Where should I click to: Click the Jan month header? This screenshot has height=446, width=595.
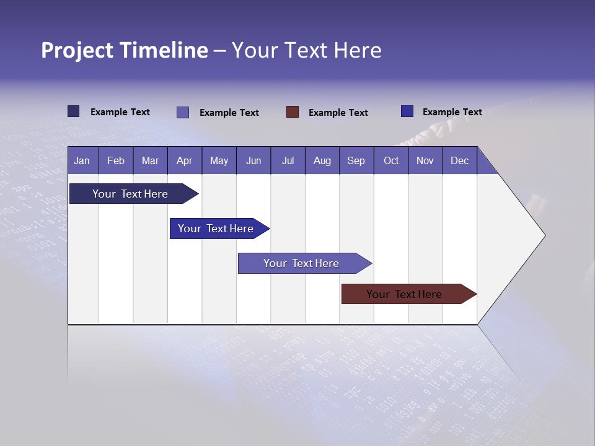click(x=82, y=160)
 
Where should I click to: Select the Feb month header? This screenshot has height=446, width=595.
click(x=116, y=160)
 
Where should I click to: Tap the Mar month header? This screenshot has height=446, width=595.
click(x=150, y=160)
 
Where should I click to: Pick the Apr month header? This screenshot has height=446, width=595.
click(x=185, y=160)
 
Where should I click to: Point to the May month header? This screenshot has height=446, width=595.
click(x=219, y=160)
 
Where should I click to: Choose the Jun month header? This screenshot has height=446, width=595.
click(x=253, y=160)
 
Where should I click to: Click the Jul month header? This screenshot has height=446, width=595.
click(x=288, y=160)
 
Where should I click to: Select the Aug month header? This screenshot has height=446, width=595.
click(x=322, y=160)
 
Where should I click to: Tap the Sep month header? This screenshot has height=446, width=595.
click(x=356, y=160)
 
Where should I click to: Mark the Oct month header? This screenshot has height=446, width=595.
click(x=391, y=160)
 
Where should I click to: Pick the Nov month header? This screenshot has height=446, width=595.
click(x=425, y=160)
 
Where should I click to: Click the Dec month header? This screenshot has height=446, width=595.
click(x=460, y=160)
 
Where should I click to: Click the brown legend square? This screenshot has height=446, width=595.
click(x=293, y=112)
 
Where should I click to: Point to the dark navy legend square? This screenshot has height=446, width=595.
click(x=74, y=111)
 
